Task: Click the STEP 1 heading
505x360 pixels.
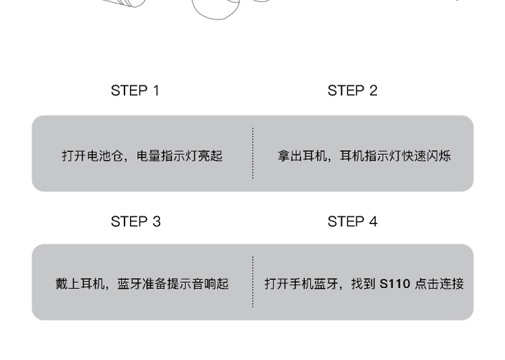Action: tap(135, 91)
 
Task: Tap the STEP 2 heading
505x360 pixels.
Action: tap(352, 91)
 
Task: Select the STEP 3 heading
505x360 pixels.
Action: tap(135, 221)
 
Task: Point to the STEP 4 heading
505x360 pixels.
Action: tap(352, 221)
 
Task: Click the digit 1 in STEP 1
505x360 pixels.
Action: tap(156, 91)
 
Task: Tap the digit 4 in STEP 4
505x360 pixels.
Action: tap(373, 221)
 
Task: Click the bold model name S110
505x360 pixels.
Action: tap(395, 284)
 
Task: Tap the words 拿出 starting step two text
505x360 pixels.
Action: tap(290, 156)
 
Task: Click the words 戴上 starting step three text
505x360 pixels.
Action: tap(67, 284)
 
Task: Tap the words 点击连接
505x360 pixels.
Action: tap(439, 284)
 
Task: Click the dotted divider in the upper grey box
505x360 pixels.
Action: tap(252, 153)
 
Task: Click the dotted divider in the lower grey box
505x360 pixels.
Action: tap(252, 282)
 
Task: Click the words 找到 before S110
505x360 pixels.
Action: tap(364, 284)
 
